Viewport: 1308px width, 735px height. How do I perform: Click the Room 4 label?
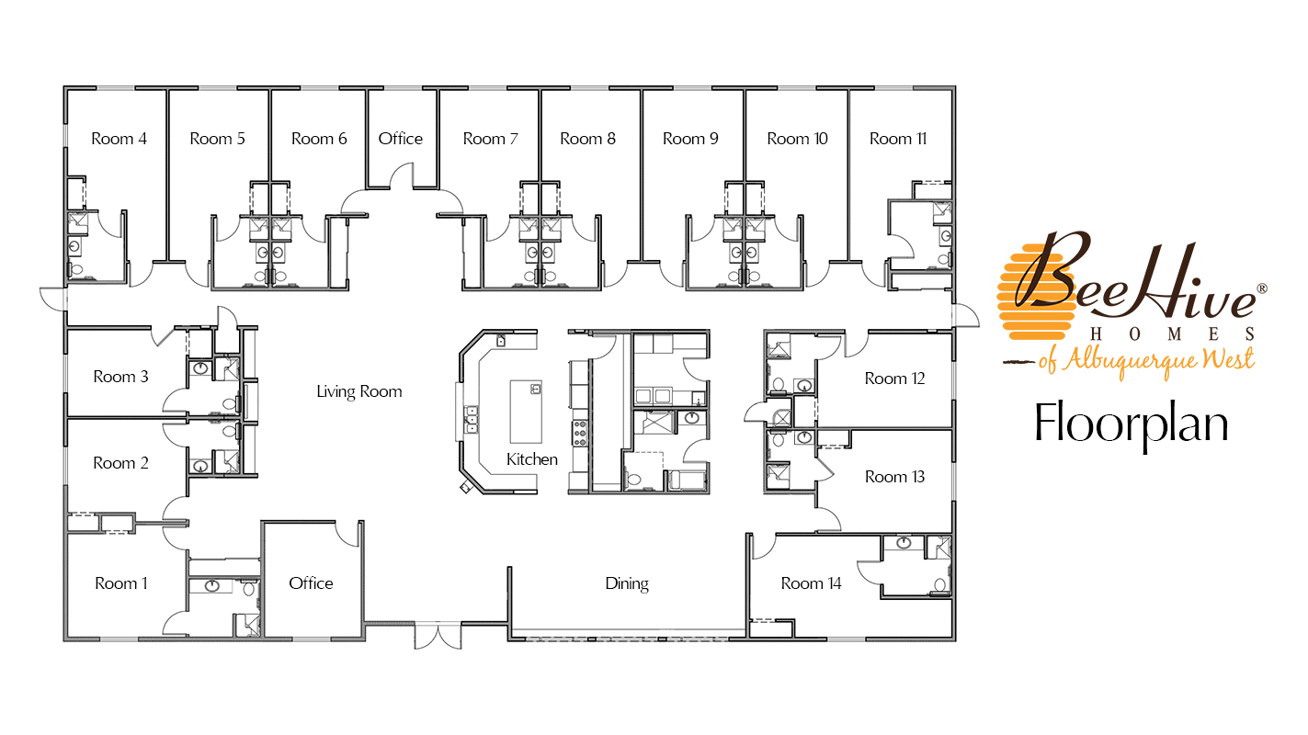(119, 139)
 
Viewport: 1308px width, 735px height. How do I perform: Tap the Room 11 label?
(897, 139)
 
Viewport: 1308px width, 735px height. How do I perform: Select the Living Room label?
(359, 391)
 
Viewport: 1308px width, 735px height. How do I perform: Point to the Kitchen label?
(531, 459)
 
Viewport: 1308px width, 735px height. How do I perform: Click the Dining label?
(627, 583)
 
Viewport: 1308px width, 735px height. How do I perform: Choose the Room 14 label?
(811, 583)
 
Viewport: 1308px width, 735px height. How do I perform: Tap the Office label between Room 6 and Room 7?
(400, 139)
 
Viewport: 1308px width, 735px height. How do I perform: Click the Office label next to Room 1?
(311, 583)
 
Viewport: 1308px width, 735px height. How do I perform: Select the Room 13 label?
(894, 477)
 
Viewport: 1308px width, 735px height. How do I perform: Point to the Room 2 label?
(120, 463)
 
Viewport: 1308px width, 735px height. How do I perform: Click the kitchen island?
(526, 412)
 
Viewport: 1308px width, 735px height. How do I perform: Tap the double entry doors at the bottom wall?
(438, 637)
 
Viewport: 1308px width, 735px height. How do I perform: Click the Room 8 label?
(587, 139)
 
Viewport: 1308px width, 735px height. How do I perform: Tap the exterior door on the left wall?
(52, 300)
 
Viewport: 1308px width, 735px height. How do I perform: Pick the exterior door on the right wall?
(965, 315)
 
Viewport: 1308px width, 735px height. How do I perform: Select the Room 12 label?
(894, 379)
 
